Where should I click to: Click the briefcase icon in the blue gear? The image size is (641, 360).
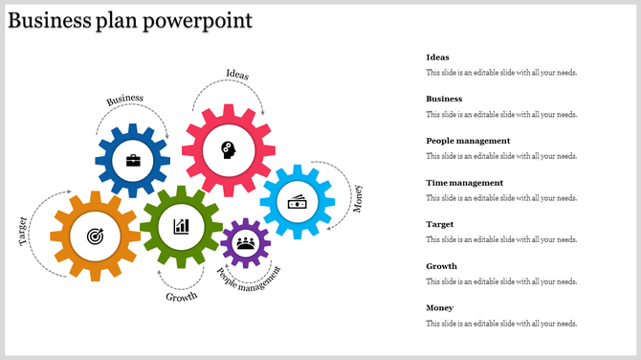click(133, 161)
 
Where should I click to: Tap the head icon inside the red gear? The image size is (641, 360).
click(228, 148)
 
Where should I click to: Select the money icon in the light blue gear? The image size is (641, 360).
click(298, 201)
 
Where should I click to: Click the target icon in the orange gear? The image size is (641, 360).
click(95, 235)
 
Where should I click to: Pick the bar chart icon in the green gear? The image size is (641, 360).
click(181, 226)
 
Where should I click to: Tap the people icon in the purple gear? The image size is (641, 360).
click(246, 242)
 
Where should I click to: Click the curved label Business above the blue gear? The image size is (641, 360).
click(125, 100)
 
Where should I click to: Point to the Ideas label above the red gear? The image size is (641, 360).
click(238, 74)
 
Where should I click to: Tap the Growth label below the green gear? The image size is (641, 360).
click(182, 297)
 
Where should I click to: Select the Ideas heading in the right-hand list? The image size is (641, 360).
click(437, 57)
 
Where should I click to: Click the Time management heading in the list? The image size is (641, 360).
click(464, 183)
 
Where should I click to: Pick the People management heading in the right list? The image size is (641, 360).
click(468, 141)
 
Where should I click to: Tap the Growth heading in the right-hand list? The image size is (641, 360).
click(442, 266)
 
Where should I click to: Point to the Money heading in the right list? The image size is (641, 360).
click(440, 308)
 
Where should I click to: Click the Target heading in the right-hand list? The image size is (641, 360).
click(440, 224)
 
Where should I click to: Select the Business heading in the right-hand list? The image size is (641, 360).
click(444, 99)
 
